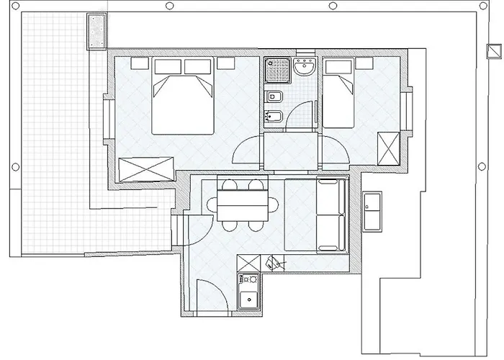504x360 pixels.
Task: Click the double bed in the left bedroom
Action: [183, 101]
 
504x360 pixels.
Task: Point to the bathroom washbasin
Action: [305, 68]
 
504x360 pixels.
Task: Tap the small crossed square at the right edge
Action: [492, 52]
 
